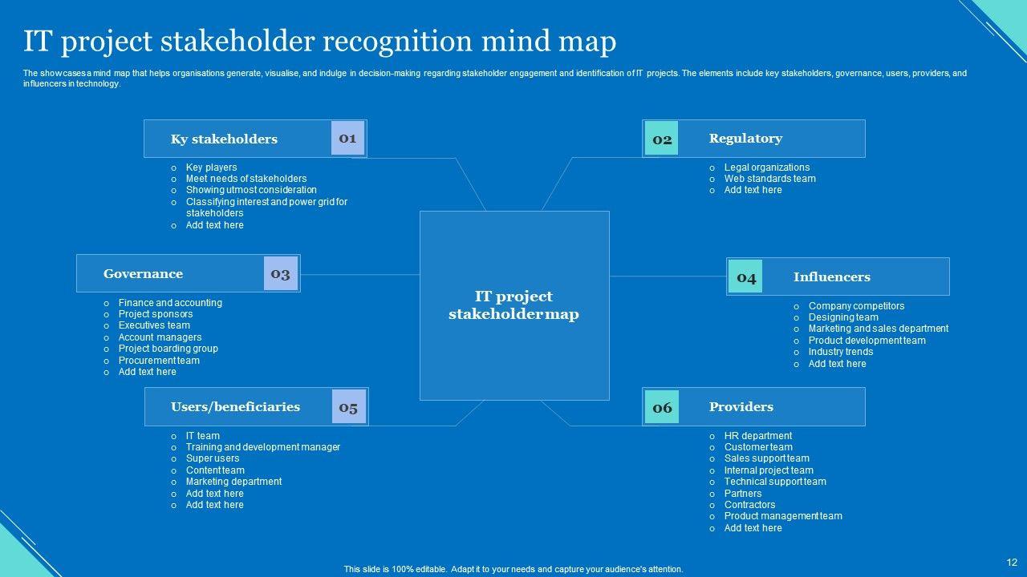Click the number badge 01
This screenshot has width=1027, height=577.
pyautogui.click(x=347, y=138)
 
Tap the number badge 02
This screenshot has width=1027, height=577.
pyautogui.click(x=662, y=139)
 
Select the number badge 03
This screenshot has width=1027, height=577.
pyautogui.click(x=280, y=273)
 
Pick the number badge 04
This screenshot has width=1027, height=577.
pyautogui.click(x=746, y=277)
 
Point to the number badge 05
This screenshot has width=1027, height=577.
pyautogui.click(x=348, y=407)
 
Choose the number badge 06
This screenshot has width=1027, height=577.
pyautogui.click(x=662, y=407)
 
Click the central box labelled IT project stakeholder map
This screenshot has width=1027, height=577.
pyautogui.click(x=513, y=305)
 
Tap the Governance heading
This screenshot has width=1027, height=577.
pyautogui.click(x=143, y=274)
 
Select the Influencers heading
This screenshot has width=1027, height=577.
pyautogui.click(x=831, y=277)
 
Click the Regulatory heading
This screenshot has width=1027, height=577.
pyautogui.click(x=745, y=139)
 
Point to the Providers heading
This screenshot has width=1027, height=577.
pyautogui.click(x=741, y=407)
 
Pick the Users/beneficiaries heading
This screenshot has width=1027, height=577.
pyautogui.click(x=235, y=407)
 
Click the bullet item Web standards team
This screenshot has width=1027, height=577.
pyautogui.click(x=769, y=179)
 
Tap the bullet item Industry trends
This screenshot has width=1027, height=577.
pyautogui.click(x=840, y=352)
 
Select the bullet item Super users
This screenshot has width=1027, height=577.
pyautogui.click(x=213, y=458)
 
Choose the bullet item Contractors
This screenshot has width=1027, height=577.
pyautogui.click(x=749, y=505)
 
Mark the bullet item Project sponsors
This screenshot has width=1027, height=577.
pyautogui.click(x=156, y=314)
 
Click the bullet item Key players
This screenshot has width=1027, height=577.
pyautogui.click(x=211, y=167)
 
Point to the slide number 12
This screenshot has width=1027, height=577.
pyautogui.click(x=1012, y=563)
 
